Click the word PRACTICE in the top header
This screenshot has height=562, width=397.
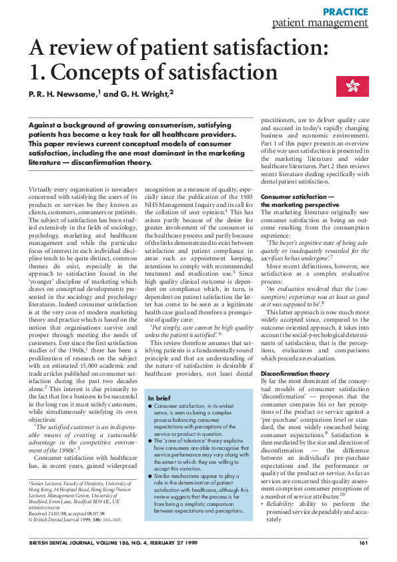345,11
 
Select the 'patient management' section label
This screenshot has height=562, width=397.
320,23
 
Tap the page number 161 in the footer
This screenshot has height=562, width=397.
363,543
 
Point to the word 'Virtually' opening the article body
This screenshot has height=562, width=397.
42,190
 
